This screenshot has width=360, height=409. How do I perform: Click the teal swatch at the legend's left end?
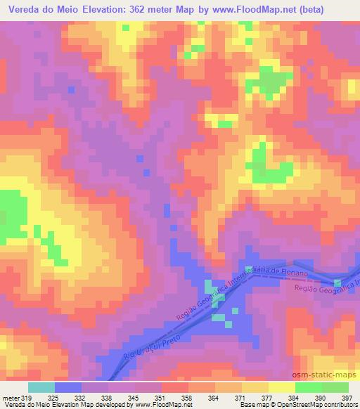point(41,387)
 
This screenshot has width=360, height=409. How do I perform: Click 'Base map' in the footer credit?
point(252,405)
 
